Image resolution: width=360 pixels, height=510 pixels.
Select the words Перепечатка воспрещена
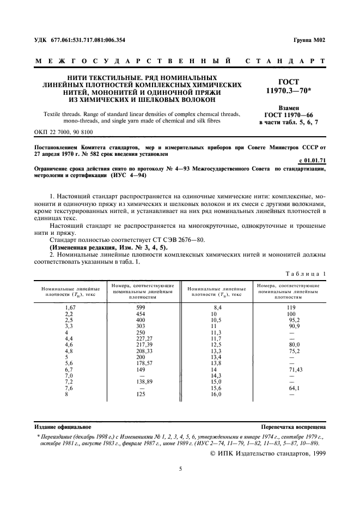tap(293, 427)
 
